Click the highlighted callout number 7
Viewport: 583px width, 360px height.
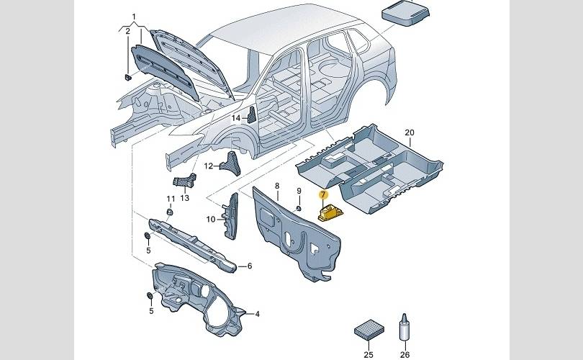(323, 194)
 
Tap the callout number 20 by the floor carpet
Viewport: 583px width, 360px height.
(410, 132)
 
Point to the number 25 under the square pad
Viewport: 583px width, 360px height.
(369, 354)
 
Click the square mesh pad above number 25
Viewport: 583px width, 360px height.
(369, 330)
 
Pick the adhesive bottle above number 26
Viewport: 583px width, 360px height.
(405, 328)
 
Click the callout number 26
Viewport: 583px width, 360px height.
(405, 354)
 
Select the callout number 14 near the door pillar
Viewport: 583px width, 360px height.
(236, 118)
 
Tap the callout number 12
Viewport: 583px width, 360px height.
(209, 166)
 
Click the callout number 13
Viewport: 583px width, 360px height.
(185, 198)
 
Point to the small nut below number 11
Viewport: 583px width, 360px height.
(170, 212)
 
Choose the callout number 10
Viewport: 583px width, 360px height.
(211, 220)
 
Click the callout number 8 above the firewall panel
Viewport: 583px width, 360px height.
(276, 186)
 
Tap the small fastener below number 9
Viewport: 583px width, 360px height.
(298, 208)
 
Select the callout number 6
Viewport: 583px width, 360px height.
(250, 266)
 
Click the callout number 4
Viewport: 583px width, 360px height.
(257, 314)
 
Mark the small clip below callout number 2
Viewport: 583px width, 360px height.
(127, 77)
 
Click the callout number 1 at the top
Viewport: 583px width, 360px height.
(134, 17)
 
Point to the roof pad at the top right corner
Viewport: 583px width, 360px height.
(406, 12)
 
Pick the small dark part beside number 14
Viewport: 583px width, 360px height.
(252, 115)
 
